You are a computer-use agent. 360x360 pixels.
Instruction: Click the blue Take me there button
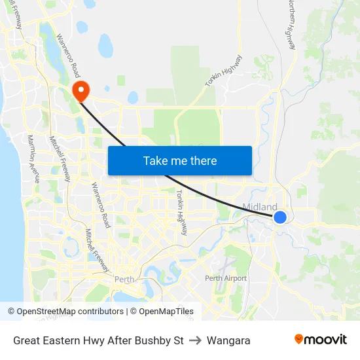[179, 160]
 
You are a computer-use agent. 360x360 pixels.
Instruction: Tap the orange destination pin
[81, 91]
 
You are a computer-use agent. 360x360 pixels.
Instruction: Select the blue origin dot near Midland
[279, 217]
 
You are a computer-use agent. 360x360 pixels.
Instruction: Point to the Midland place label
[259, 207]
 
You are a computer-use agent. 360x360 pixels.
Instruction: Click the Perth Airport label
[226, 278]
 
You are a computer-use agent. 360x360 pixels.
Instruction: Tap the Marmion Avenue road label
[33, 158]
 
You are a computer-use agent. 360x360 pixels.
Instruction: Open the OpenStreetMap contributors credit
[67, 312]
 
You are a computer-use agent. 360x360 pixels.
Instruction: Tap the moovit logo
[321, 339]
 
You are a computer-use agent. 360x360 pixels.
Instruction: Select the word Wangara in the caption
[228, 340]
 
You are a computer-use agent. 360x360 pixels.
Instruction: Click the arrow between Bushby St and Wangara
[195, 340]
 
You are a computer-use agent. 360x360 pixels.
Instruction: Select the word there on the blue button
[202, 160]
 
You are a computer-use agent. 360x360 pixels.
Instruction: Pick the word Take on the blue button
[155, 160]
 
